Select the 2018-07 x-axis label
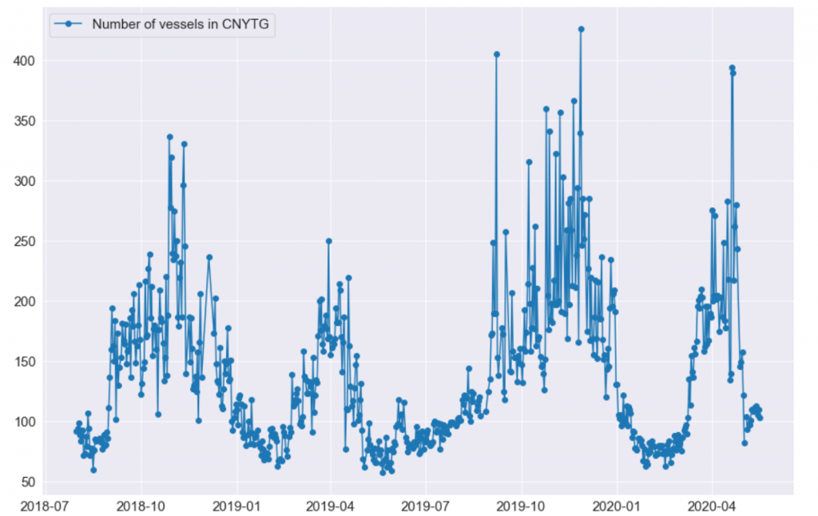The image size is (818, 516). (46, 505)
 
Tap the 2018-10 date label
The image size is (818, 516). (141, 505)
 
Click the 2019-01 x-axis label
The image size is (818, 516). (236, 505)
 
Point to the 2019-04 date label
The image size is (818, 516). (330, 505)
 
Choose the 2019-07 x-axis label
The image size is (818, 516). (425, 505)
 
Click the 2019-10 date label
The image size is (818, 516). (522, 505)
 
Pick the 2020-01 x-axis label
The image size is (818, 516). (617, 505)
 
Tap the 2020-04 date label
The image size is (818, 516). (711, 505)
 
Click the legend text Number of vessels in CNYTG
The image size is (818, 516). (183, 25)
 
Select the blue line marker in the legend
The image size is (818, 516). (69, 25)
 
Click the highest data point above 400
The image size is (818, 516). (581, 29)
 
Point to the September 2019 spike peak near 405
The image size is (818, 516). (496, 54)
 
